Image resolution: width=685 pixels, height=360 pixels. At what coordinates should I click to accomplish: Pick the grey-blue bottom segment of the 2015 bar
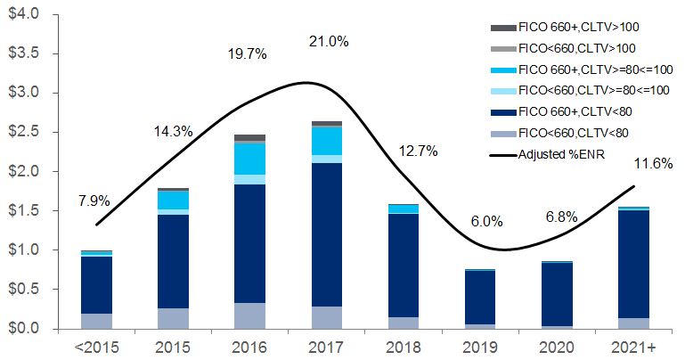click(173, 318)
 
